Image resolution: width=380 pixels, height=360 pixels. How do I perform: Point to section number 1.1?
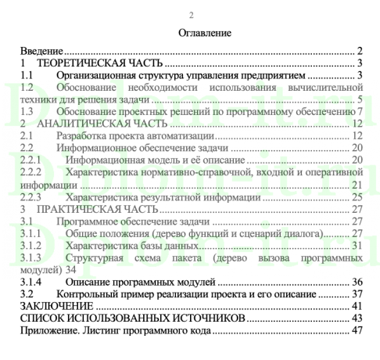pos(27,75)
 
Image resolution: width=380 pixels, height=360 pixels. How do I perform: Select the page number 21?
pos(358,185)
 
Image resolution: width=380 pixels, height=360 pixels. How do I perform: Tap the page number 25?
pos(358,197)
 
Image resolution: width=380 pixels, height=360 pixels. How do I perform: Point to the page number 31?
pos(358,246)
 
